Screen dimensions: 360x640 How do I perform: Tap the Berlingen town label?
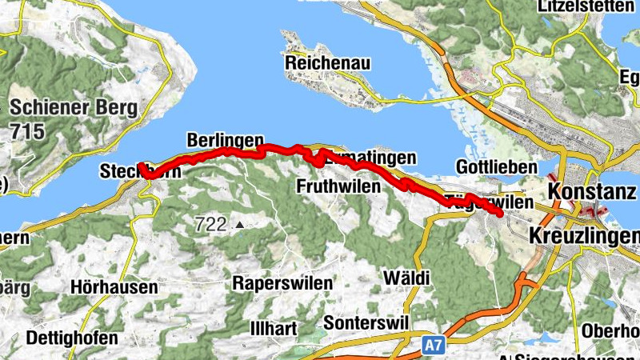(225, 140)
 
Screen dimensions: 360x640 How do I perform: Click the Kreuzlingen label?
(584, 236)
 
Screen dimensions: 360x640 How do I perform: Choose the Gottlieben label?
(489, 167)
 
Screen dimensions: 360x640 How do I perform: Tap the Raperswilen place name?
(279, 282)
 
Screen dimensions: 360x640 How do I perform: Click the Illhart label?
(273, 328)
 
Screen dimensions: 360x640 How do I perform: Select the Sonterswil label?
(366, 322)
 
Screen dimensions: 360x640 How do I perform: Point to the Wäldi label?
(406, 278)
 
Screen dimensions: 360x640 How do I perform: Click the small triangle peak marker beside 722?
(238, 226)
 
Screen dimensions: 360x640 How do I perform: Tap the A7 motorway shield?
(432, 345)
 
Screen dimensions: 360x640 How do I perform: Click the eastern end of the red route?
(500, 214)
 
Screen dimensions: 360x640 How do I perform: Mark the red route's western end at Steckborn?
(140, 166)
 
